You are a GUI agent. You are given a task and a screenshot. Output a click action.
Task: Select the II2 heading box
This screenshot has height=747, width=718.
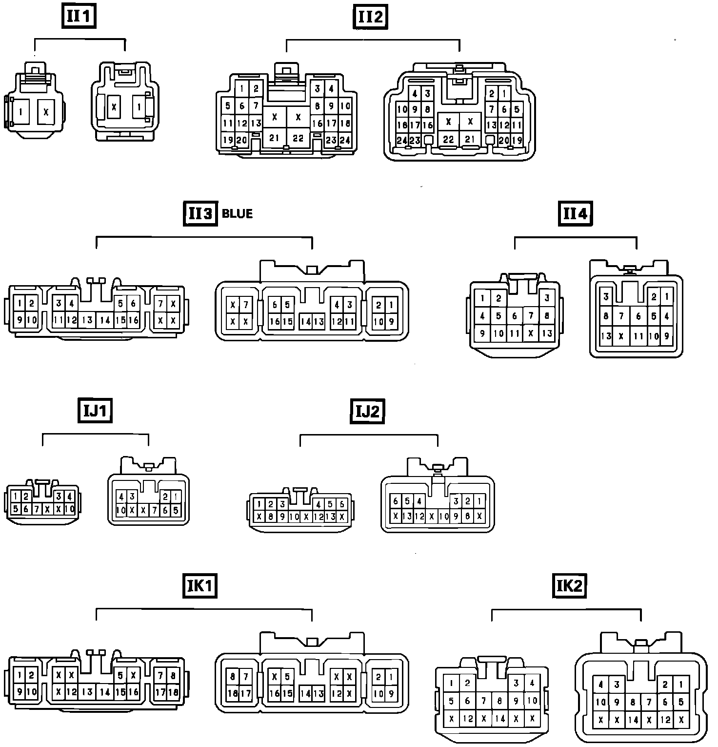coord(370,17)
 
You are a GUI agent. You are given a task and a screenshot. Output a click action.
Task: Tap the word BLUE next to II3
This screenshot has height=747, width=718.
coord(237,213)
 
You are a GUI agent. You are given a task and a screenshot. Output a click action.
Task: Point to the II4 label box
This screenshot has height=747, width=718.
coord(575,213)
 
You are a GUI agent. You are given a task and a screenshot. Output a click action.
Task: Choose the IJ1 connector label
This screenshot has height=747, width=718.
coord(95,411)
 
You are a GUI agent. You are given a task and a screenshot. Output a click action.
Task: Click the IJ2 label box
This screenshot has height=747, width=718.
coord(367,412)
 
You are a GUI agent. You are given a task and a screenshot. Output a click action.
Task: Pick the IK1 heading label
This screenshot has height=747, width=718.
coord(199,585)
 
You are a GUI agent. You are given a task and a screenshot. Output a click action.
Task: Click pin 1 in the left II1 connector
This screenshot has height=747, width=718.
coord(20,112)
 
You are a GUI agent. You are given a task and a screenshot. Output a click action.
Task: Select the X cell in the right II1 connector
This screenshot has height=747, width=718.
coord(114,106)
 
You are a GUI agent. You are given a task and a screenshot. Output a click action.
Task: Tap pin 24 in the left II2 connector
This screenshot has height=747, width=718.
coord(345,140)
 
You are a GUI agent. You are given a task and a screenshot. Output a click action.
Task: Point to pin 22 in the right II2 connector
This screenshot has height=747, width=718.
coord(448,140)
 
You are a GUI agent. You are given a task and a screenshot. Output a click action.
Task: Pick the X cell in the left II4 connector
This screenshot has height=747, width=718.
coord(531,333)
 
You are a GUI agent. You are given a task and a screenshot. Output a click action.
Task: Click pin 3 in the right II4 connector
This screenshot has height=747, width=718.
coord(606,296)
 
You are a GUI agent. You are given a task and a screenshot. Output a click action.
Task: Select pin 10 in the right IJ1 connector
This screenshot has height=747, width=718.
coord(120,510)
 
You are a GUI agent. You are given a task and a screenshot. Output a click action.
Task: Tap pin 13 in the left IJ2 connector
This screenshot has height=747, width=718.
coord(330,517)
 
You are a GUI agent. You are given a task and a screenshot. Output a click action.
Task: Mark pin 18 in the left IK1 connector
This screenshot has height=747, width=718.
coord(173,692)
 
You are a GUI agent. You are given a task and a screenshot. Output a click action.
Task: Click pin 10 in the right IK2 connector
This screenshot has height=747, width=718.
coord(600,702)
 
